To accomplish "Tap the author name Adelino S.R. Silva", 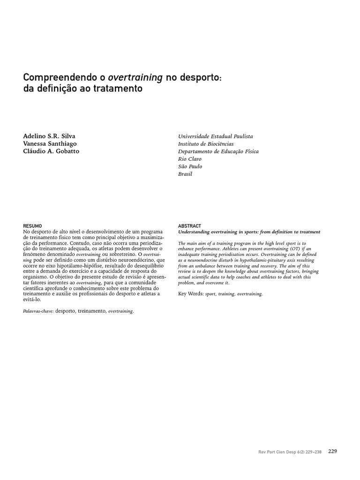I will [x=50, y=136].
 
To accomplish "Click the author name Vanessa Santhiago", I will [x=50, y=143].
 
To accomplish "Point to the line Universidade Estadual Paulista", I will [x=215, y=136].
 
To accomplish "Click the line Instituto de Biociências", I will [x=206, y=144].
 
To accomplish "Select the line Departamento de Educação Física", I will [x=218, y=151].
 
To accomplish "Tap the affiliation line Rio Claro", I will [x=190, y=159].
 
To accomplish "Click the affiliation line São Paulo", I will [x=190, y=166].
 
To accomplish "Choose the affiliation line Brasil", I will [x=185, y=174].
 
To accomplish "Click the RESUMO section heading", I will [x=32, y=226].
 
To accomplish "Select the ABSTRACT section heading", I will [x=189, y=226].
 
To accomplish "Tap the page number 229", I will [x=332, y=451].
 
